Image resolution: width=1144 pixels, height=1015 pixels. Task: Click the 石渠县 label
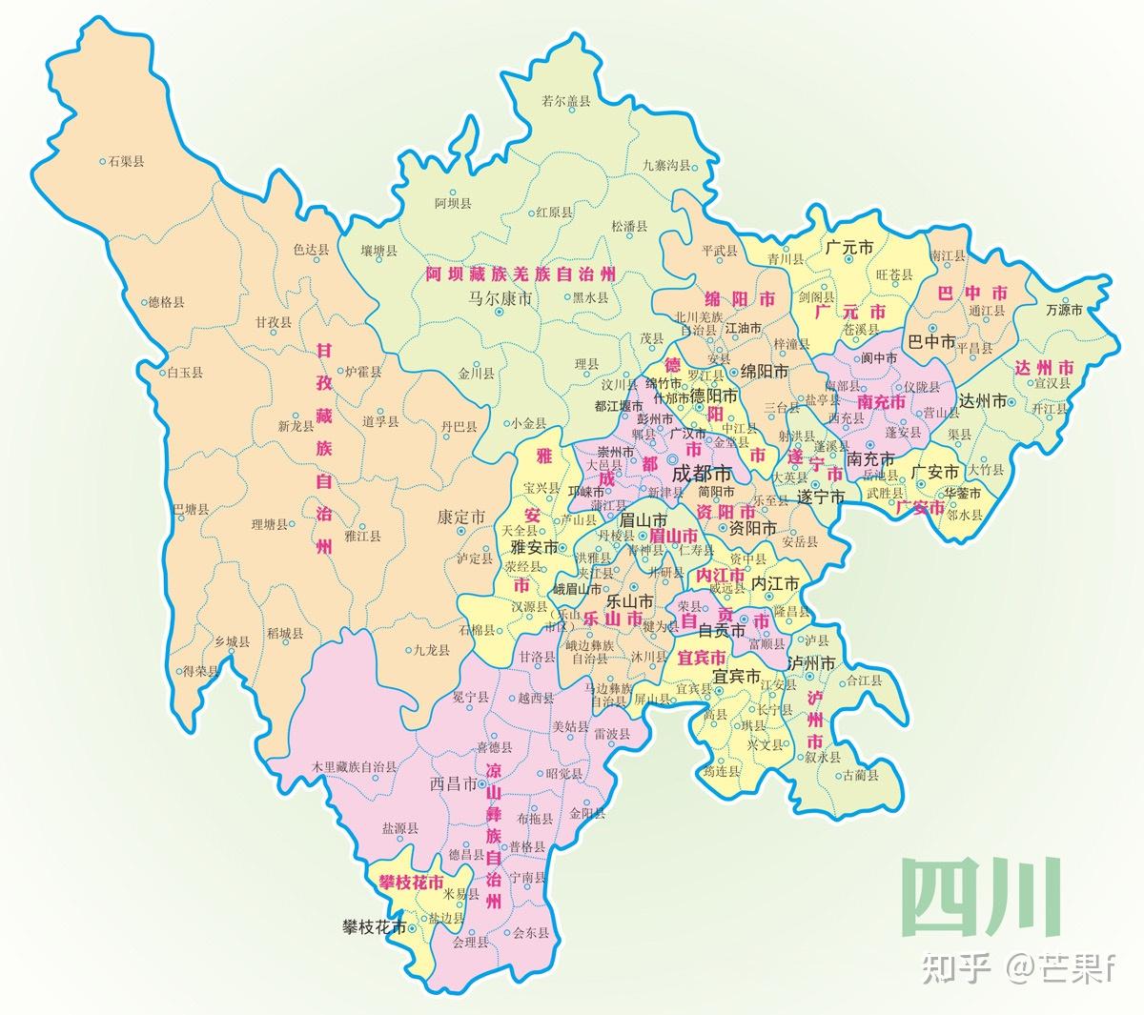pos(126,162)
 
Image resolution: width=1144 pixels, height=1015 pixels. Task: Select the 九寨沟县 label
pos(664,166)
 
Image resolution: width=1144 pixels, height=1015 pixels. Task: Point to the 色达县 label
pos(311,250)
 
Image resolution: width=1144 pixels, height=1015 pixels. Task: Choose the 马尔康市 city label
pos(499,298)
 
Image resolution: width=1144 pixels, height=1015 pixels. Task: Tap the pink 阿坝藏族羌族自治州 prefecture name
pos(521,274)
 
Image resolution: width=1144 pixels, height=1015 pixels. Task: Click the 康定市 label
pos(461,516)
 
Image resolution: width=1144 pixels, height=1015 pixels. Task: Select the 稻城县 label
pos(285,633)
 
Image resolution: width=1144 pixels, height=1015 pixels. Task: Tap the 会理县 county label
pos(470,943)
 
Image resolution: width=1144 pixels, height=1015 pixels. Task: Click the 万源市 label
pos(1064,310)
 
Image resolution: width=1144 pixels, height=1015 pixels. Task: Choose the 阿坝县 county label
pos(453,203)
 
